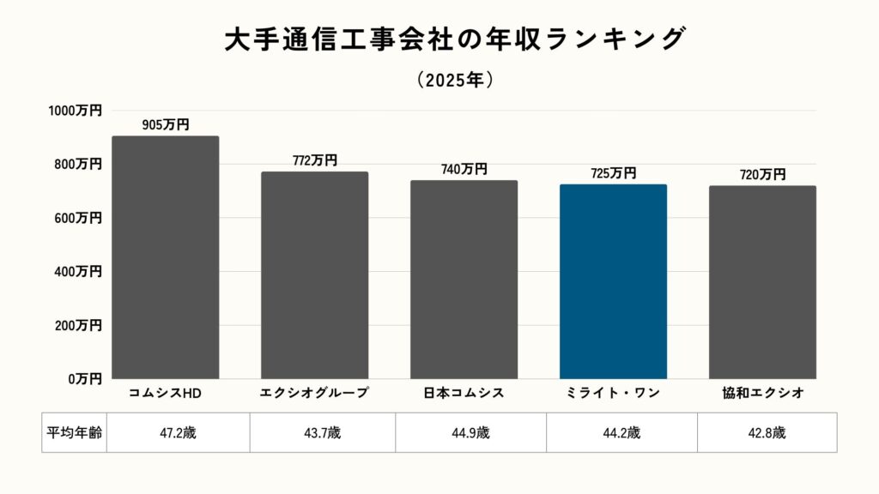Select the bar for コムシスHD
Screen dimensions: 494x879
[166, 257]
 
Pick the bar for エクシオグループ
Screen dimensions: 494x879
[315, 274]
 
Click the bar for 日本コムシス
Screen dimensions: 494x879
[464, 279]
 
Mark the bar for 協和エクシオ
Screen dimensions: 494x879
[762, 282]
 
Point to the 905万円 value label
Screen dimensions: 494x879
[166, 125]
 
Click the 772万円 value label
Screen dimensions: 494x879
[315, 160]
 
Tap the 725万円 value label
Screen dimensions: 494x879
[613, 173]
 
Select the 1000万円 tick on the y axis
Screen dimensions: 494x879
[75, 111]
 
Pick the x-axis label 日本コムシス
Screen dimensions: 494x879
[464, 394]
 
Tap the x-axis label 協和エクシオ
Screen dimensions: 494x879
[762, 394]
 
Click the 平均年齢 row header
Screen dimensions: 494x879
[74, 432]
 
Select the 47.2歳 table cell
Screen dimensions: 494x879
[179, 432]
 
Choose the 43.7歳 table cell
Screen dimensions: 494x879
[323, 432]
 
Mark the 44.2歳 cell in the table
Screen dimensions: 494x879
[622, 432]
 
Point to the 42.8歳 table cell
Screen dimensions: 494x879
[767, 432]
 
